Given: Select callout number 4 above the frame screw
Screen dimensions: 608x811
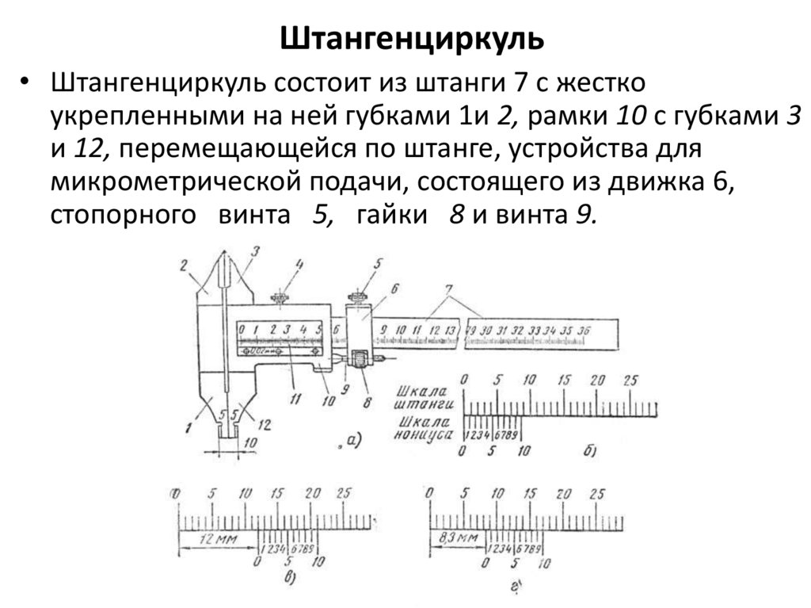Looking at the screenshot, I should (x=300, y=264).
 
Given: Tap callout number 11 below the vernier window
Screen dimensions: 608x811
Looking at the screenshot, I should (x=295, y=400).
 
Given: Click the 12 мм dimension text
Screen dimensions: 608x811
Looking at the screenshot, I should (x=216, y=540).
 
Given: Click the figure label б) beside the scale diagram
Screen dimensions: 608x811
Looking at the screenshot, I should (x=588, y=452).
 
